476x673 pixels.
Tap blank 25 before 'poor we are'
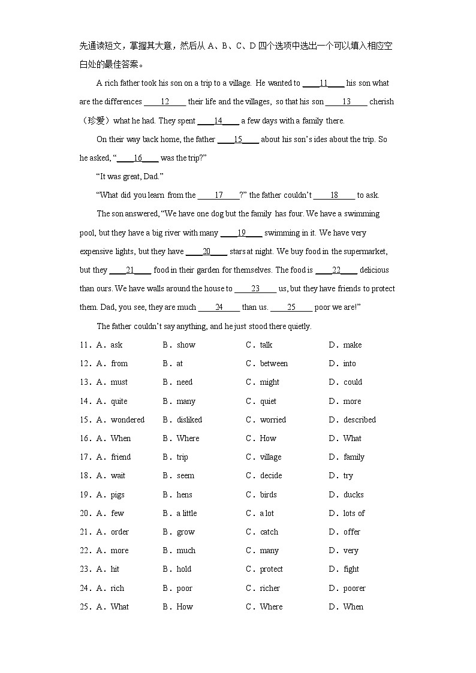coord(291,307)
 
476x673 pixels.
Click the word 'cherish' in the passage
coord(381,102)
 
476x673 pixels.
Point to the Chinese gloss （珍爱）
coord(95,120)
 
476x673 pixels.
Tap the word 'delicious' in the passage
coord(374,270)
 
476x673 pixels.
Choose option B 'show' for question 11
coord(186,345)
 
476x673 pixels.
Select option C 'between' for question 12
coord(273,363)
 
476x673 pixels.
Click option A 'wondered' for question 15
coord(127,420)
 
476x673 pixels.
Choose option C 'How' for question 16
coord(268,438)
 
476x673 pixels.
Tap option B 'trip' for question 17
coord(182,457)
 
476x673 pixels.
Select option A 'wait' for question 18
coord(118,475)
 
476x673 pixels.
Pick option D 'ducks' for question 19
coord(353,494)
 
